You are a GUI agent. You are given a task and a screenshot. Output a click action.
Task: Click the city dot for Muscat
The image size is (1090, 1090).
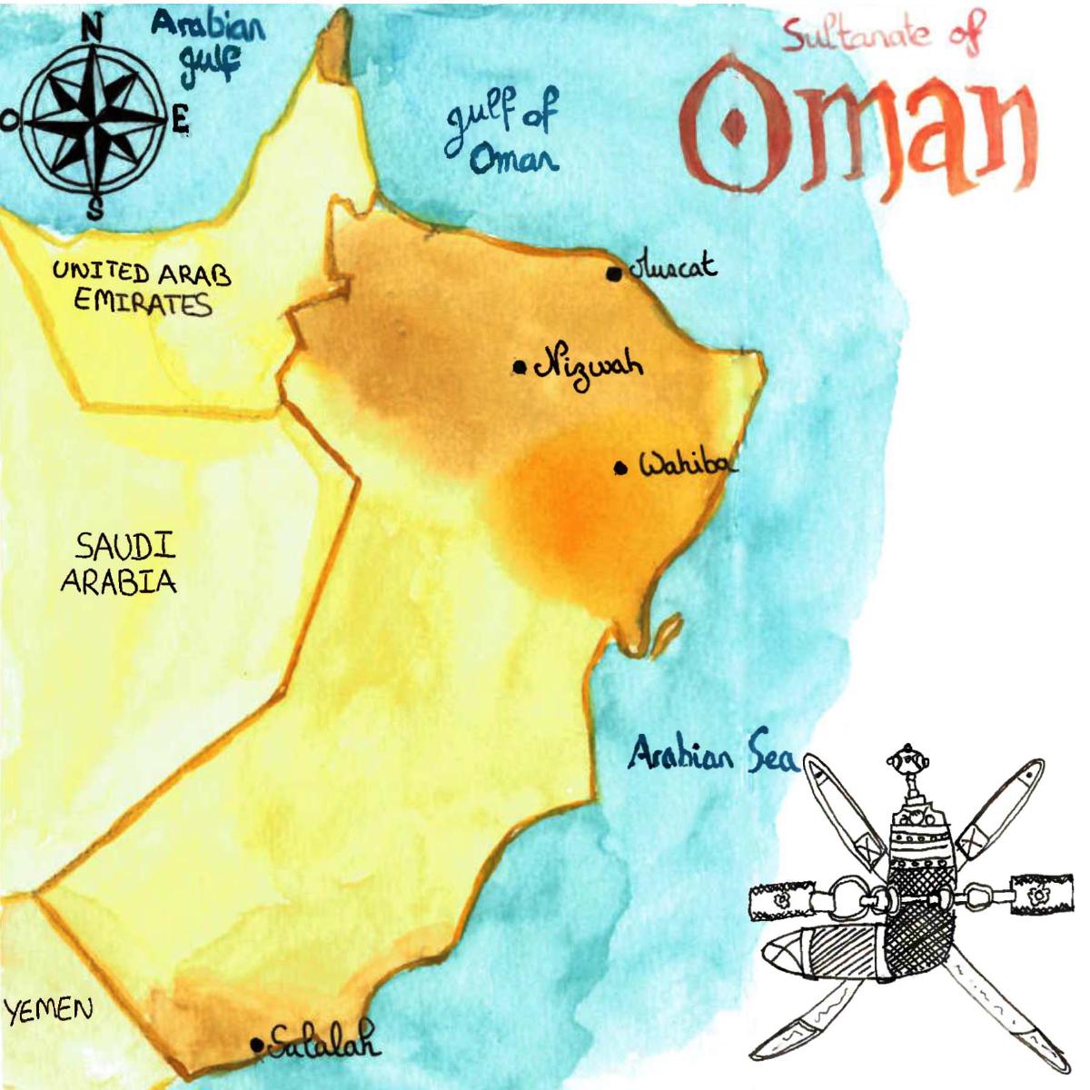[615, 273]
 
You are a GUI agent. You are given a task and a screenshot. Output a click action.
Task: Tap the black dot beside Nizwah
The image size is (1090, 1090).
[520, 367]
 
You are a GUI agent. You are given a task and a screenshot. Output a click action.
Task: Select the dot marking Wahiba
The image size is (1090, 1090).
[621, 469]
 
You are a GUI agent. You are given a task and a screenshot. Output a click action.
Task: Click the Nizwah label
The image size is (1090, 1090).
[589, 365]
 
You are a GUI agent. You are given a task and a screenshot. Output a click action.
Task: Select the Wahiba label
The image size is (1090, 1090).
[687, 465]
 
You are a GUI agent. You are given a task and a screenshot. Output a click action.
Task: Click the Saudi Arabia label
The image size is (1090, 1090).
[120, 563]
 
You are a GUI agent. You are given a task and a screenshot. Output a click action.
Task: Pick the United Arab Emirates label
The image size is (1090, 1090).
[142, 286]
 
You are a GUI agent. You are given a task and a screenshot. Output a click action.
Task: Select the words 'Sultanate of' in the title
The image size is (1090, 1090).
[881, 35]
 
